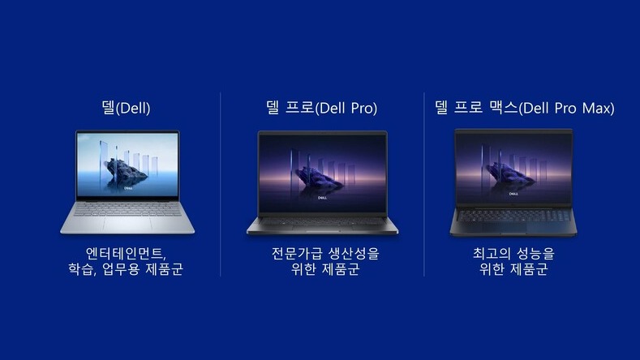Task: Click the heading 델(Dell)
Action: pos(126,108)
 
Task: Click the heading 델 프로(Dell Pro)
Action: pos(322,108)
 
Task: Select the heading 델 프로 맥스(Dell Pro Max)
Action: pos(524,108)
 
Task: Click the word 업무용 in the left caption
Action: pos(123,269)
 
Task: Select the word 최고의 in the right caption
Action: pos(495,252)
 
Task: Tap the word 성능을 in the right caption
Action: pos(538,252)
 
